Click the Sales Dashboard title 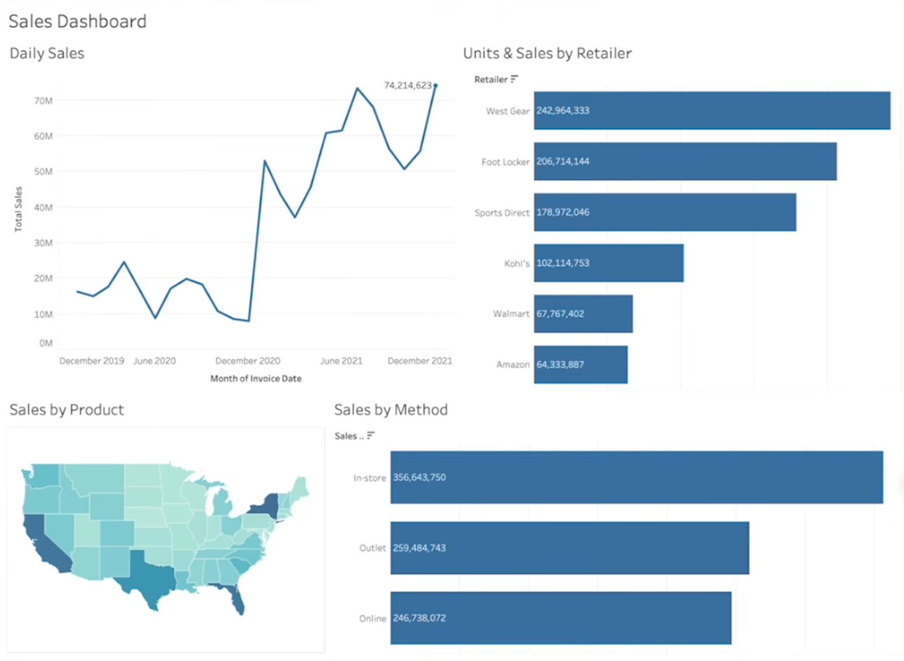77,21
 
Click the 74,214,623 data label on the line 408,86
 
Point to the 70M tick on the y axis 43,101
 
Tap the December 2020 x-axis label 248,361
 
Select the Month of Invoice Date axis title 255,378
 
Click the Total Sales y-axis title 18,209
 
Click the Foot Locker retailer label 505,162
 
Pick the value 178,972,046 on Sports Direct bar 562,213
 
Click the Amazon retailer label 513,365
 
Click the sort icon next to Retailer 514,79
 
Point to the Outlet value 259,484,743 419,548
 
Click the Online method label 373,619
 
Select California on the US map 43,544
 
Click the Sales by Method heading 391,410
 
